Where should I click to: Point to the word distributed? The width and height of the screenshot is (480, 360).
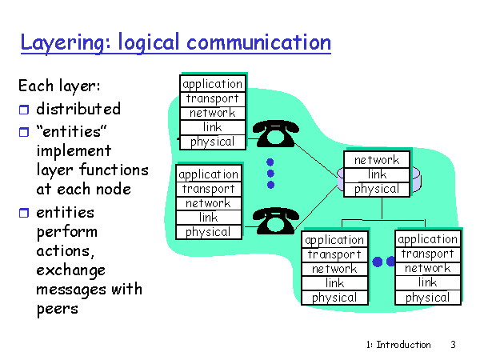click(x=78, y=109)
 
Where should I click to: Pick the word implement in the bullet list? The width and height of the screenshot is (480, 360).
click(x=74, y=150)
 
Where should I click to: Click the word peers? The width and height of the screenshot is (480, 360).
click(x=58, y=309)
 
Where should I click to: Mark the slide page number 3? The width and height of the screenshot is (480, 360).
click(x=453, y=345)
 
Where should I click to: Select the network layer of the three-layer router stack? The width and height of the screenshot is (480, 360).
click(x=376, y=160)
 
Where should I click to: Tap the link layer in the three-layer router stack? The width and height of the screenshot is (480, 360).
click(x=376, y=174)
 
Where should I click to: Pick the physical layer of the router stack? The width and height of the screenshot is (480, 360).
click(x=376, y=189)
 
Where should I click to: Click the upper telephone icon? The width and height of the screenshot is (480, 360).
click(x=277, y=134)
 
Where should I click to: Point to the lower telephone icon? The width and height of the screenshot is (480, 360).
click(x=277, y=218)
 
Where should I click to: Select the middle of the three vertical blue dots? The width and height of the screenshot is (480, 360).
click(x=270, y=173)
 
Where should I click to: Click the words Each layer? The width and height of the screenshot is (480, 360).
click(x=59, y=85)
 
